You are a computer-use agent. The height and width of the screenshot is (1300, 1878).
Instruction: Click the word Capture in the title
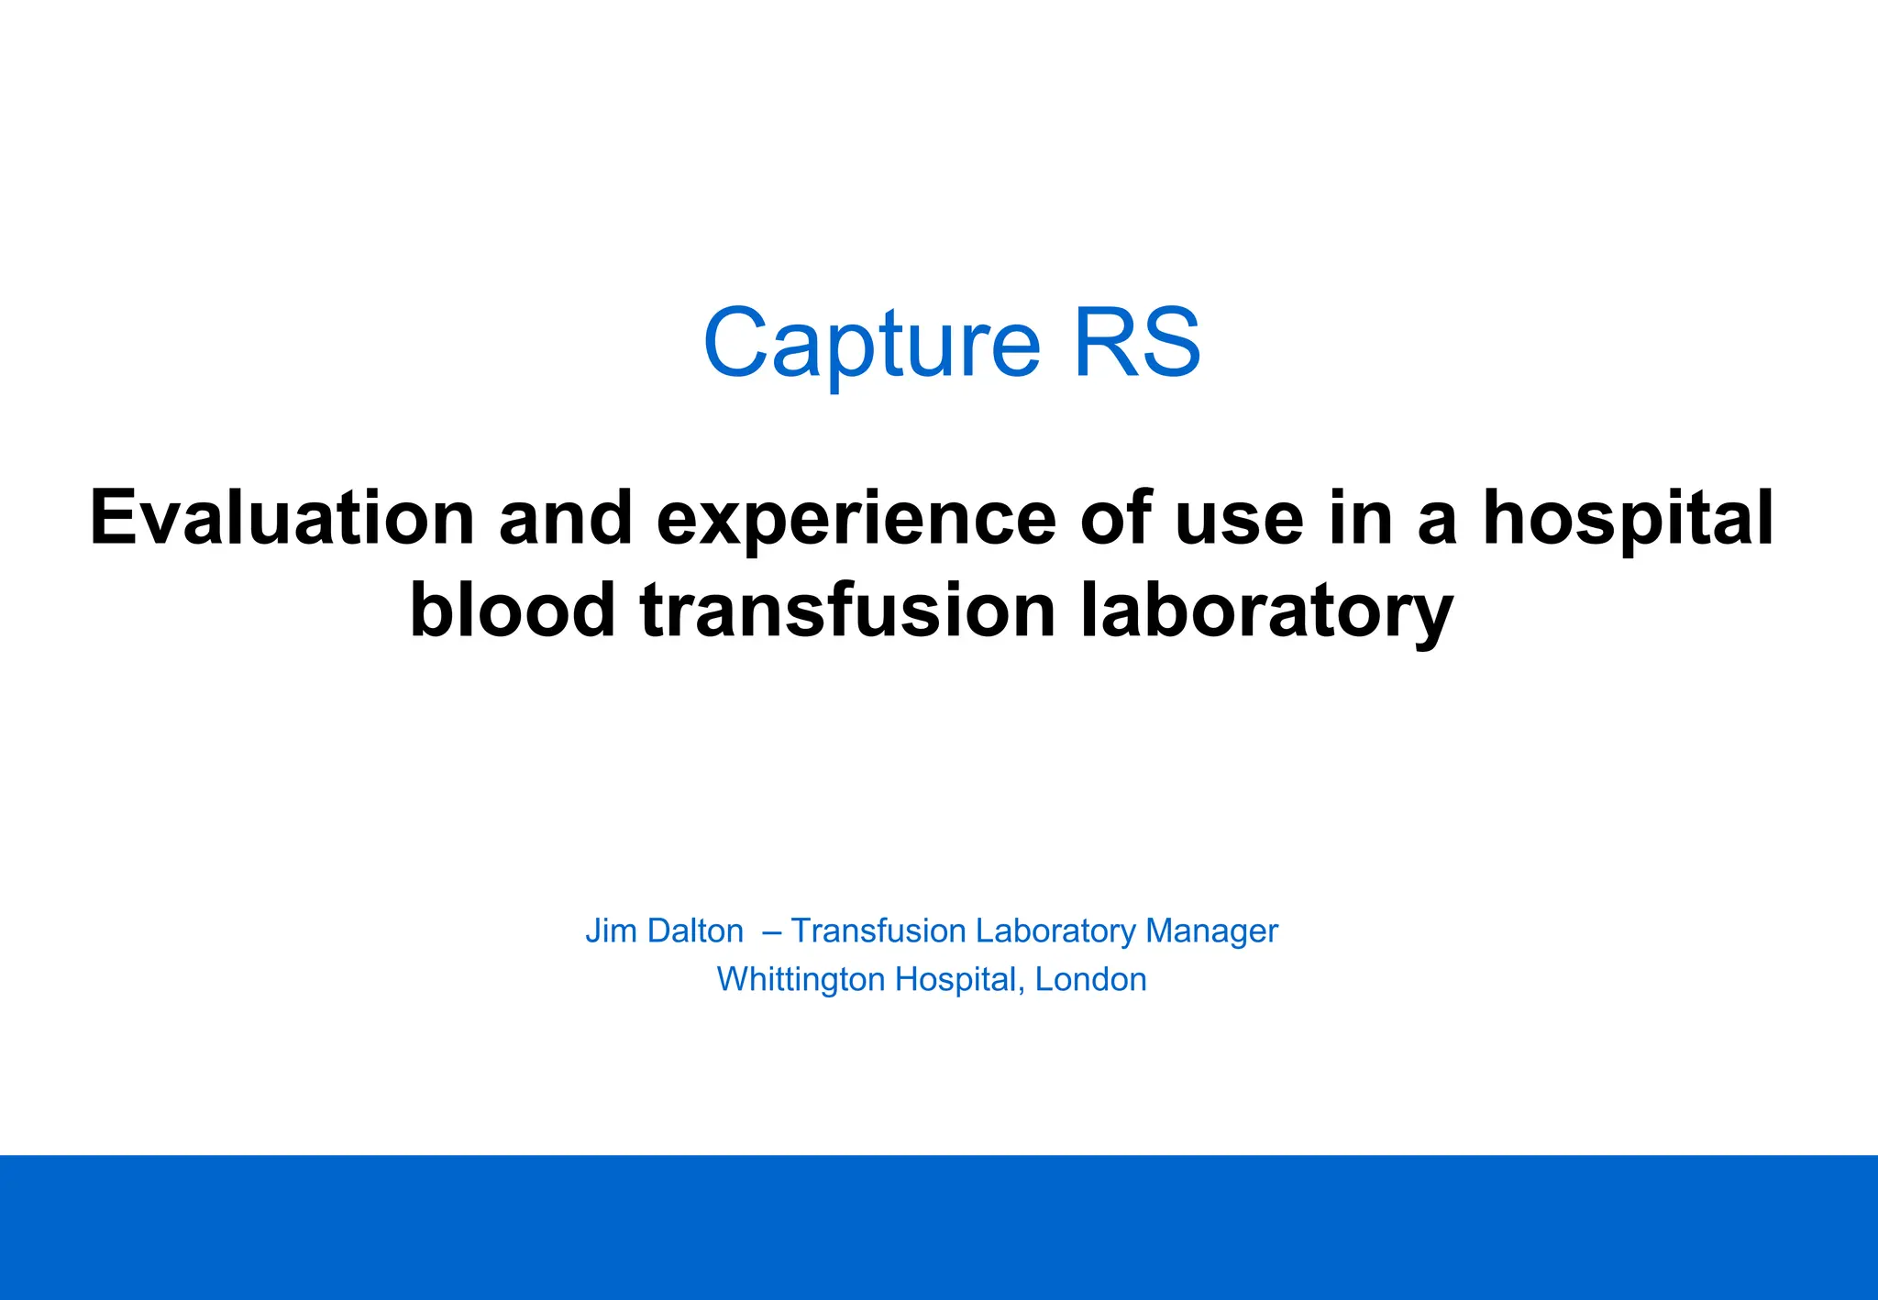[x=872, y=345]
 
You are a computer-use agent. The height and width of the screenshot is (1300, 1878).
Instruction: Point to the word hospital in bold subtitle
[x=1628, y=519]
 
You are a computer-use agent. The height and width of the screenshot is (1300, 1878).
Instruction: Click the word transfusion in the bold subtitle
[x=848, y=611]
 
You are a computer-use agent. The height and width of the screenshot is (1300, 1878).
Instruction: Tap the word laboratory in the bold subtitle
[x=1266, y=611]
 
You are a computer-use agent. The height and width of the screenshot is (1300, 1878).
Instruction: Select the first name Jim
[x=611, y=931]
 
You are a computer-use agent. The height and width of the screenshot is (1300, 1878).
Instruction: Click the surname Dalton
[x=695, y=931]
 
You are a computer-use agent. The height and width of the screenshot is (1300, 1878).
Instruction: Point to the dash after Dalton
[x=771, y=931]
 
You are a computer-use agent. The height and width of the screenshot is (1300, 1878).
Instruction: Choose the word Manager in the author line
[x=1211, y=931]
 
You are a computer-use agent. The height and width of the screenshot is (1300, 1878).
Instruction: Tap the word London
[x=1090, y=979]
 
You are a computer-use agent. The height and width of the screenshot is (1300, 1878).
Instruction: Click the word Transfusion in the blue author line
[x=878, y=931]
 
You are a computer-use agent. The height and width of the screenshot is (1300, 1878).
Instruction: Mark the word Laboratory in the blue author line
[x=1055, y=931]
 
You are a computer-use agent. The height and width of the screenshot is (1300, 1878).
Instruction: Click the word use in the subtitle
[x=1239, y=519]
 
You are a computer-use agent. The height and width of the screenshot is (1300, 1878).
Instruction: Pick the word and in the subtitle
[x=566, y=519]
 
